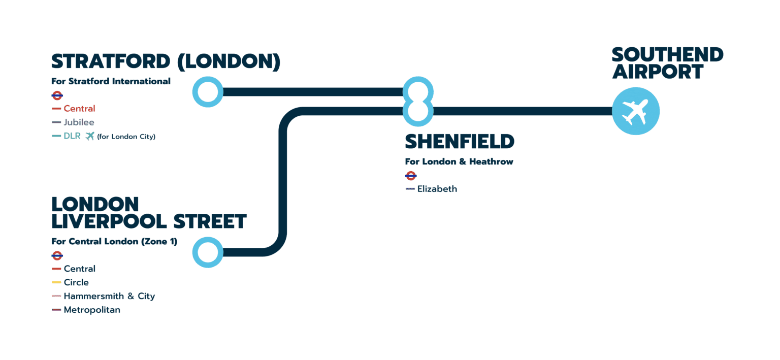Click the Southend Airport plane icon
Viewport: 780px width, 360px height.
(635, 111)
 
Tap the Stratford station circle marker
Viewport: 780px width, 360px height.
(208, 92)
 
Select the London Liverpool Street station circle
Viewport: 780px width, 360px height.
(208, 252)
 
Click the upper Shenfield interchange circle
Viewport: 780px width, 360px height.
(418, 92)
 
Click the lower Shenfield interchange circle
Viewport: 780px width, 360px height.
(418, 111)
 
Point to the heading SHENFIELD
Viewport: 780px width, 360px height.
(460, 142)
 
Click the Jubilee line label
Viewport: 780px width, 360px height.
(79, 122)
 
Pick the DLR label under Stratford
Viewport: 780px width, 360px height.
(72, 136)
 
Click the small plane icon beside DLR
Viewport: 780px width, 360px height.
(90, 136)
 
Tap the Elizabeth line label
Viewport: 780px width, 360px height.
(437, 189)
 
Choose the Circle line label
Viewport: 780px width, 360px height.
(76, 282)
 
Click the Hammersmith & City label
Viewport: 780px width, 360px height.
(109, 296)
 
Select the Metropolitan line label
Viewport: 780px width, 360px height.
(92, 310)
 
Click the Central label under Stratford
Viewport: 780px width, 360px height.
(79, 109)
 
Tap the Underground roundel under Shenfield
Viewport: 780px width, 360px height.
(411, 176)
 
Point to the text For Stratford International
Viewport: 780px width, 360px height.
(111, 81)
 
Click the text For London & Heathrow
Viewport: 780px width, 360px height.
(459, 161)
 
